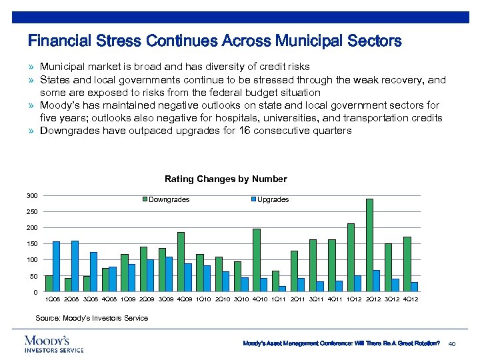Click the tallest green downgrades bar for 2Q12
[369, 245]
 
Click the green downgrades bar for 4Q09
[181, 262]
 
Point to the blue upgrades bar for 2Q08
[75, 266]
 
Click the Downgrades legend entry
[168, 199]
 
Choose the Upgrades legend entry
[273, 199]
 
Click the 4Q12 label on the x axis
[411, 299]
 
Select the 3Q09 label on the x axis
[166, 299]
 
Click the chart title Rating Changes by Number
[225, 179]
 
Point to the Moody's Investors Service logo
[54, 343]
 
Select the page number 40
[453, 343]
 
